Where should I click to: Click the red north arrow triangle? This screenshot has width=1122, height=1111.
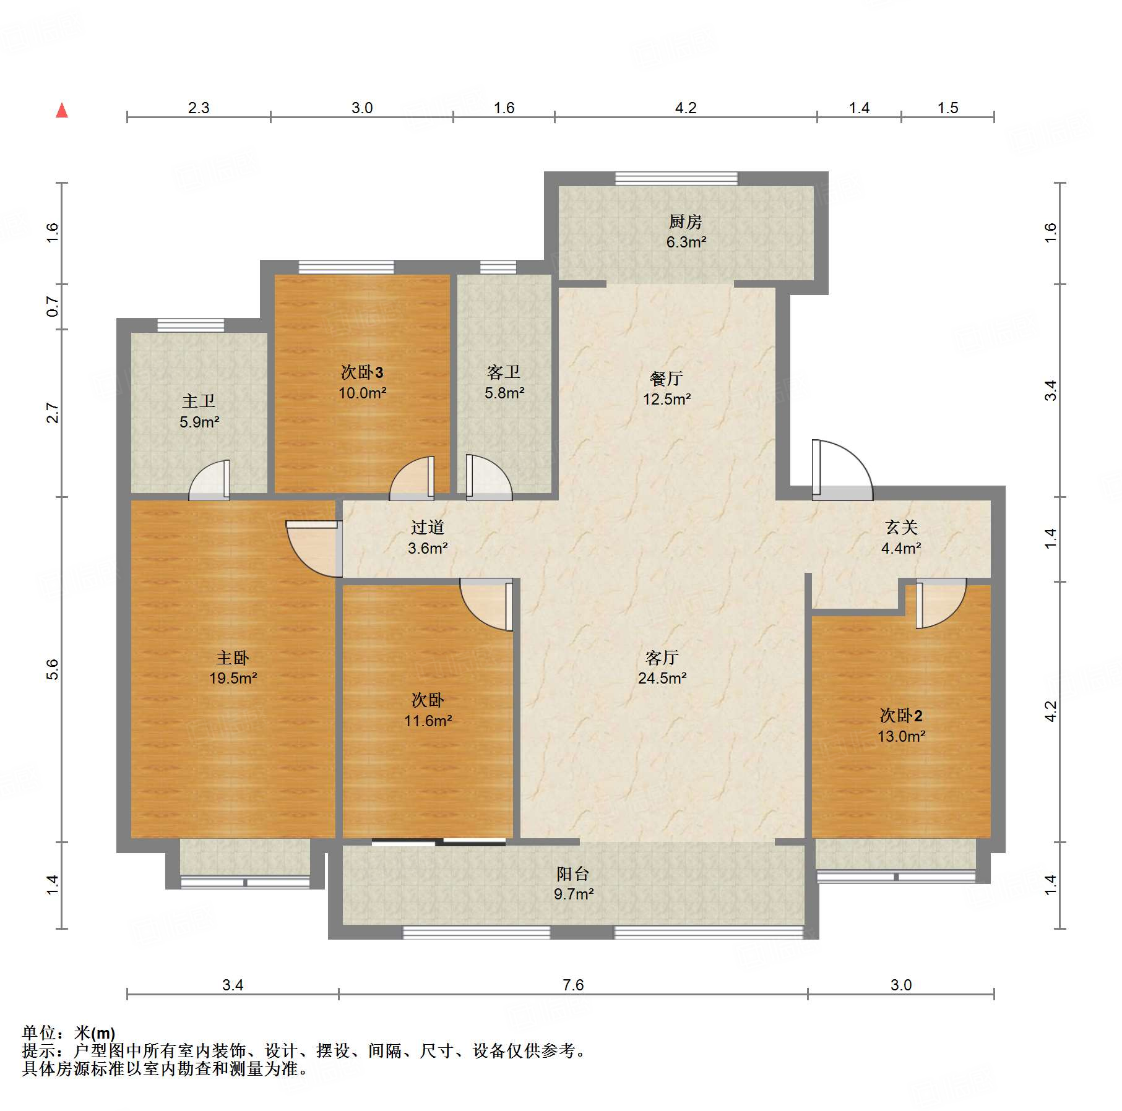pyautogui.click(x=62, y=111)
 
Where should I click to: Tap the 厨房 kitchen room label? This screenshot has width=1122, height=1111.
pyautogui.click(x=686, y=221)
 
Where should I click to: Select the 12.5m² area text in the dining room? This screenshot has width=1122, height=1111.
pyautogui.click(x=667, y=399)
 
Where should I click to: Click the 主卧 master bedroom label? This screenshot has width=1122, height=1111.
pyautogui.click(x=233, y=657)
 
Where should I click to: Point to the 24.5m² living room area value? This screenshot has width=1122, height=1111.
pyautogui.click(x=662, y=678)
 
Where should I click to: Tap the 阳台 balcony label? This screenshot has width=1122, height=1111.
pyautogui.click(x=573, y=873)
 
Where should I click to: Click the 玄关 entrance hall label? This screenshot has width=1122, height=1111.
pyautogui.click(x=901, y=527)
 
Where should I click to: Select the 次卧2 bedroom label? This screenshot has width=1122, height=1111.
pyautogui.click(x=901, y=716)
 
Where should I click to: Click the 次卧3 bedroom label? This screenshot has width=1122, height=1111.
pyautogui.click(x=362, y=372)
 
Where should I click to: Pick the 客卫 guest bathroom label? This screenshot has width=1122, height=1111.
pyautogui.click(x=504, y=372)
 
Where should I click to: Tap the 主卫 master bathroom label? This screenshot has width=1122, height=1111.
pyautogui.click(x=199, y=401)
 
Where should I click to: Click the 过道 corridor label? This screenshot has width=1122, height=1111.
pyautogui.click(x=428, y=527)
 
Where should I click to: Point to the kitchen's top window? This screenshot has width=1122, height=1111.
pyautogui.click(x=676, y=179)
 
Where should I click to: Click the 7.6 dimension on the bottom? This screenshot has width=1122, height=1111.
pyautogui.click(x=573, y=984)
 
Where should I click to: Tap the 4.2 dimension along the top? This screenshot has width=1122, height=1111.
pyautogui.click(x=686, y=108)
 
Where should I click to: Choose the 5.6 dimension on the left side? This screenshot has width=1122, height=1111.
pyautogui.click(x=53, y=669)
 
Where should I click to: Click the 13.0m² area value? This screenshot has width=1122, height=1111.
pyautogui.click(x=901, y=736)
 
